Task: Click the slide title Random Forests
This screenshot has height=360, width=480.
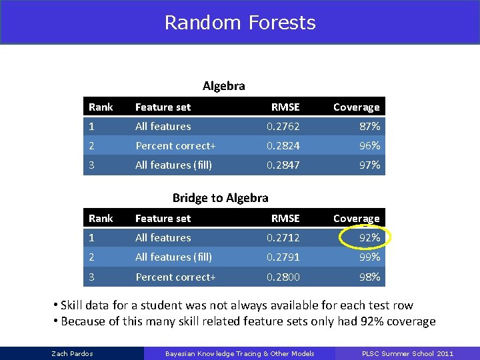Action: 240,23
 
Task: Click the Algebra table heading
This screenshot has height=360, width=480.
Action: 223,85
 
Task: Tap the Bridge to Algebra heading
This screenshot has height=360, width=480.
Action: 220,197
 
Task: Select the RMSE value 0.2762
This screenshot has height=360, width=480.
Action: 283,126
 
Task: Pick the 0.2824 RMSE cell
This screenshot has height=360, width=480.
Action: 283,145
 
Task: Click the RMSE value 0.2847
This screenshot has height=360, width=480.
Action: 283,165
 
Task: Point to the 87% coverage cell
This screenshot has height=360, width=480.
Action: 369,126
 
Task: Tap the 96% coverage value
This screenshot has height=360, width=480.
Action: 369,145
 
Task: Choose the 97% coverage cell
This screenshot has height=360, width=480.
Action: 369,165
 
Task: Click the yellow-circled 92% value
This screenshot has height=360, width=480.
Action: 369,237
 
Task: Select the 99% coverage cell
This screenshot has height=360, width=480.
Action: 369,257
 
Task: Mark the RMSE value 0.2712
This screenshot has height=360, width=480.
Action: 283,237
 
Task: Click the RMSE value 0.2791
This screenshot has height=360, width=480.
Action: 283,257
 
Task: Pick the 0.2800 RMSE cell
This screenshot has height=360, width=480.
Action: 283,277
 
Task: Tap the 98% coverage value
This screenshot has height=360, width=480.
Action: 369,277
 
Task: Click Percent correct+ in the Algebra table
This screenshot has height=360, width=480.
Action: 175,145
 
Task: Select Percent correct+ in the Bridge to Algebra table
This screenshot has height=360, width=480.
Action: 175,277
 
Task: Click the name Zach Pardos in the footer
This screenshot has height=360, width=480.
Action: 72,353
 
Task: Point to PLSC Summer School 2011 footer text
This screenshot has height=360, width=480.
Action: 407,353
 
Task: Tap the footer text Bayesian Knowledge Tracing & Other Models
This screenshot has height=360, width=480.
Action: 239,353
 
